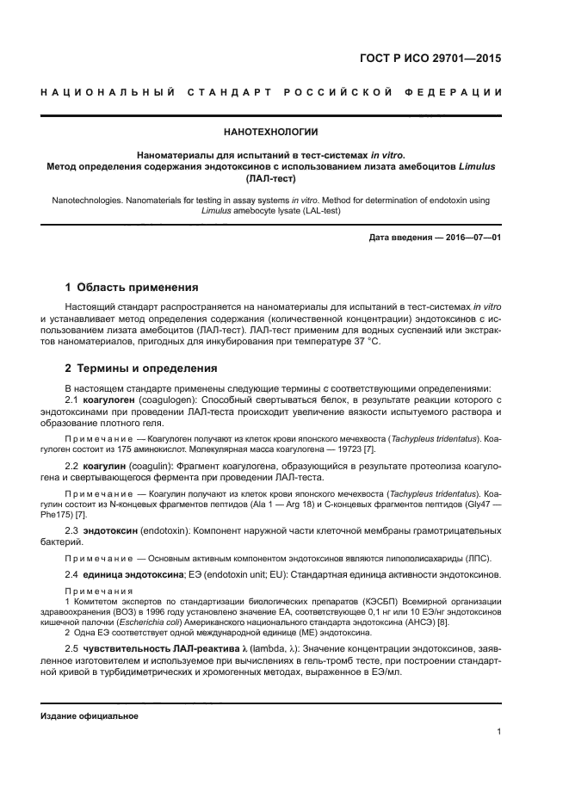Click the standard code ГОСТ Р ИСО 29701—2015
pos(430,59)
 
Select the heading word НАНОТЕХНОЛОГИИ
pos(271,133)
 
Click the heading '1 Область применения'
pos(132,287)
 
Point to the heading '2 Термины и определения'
pos(141,368)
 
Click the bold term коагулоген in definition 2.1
pos(111,401)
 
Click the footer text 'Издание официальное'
pos(90,715)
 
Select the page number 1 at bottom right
pos(499,732)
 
